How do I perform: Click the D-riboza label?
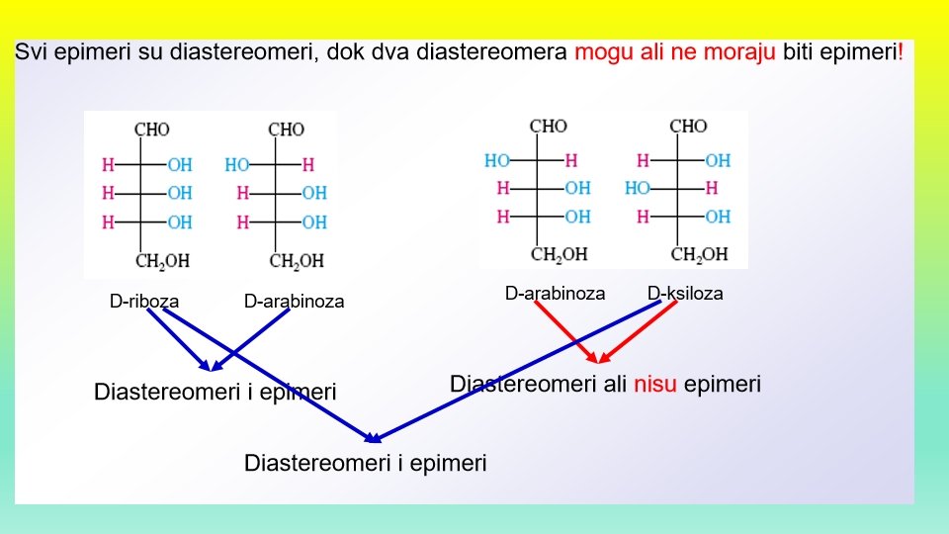click(144, 301)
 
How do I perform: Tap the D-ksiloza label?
click(685, 294)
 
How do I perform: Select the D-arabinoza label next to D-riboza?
click(294, 301)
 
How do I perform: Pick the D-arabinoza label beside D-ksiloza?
click(555, 294)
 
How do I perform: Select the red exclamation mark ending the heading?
click(900, 51)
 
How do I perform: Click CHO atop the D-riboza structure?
click(152, 130)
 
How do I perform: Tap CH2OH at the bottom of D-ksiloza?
click(699, 255)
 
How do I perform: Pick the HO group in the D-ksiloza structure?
click(638, 188)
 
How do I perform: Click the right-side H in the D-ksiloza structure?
click(712, 188)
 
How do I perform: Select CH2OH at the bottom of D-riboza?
click(162, 262)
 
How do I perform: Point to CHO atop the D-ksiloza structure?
click(688, 127)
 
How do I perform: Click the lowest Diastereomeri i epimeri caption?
click(366, 463)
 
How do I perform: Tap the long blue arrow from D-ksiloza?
click(514, 372)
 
